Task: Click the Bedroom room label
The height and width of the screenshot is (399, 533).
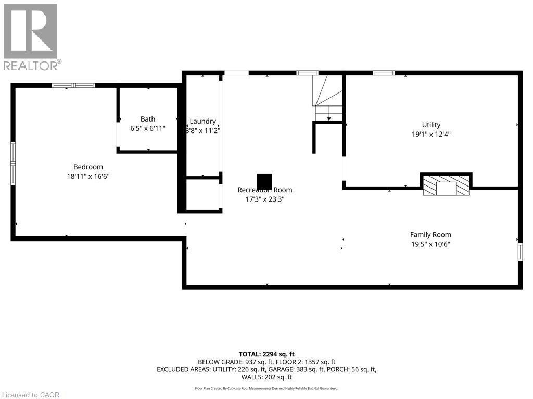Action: [88, 167]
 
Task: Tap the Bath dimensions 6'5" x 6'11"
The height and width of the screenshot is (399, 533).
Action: [148, 128]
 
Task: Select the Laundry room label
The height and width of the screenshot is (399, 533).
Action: [202, 121]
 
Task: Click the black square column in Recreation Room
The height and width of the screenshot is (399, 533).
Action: [264, 181]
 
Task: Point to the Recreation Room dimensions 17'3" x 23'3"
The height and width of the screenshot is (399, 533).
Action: [265, 199]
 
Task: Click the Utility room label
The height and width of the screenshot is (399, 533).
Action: [431, 125]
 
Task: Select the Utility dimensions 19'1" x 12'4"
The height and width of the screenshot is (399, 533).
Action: [431, 134]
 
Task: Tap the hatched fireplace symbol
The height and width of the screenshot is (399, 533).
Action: [446, 185]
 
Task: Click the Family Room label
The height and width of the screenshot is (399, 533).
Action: [430, 235]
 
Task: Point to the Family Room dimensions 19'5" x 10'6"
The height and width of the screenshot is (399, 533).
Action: [430, 244]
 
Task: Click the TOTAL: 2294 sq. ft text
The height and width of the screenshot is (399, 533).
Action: [266, 354]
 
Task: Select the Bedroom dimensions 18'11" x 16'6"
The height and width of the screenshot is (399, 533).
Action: [88, 176]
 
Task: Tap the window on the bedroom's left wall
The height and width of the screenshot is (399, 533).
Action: [13, 164]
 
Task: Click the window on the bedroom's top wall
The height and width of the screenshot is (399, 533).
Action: [73, 85]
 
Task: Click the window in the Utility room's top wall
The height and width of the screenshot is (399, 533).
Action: [384, 73]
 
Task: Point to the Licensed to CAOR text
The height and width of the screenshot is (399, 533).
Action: [30, 395]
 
